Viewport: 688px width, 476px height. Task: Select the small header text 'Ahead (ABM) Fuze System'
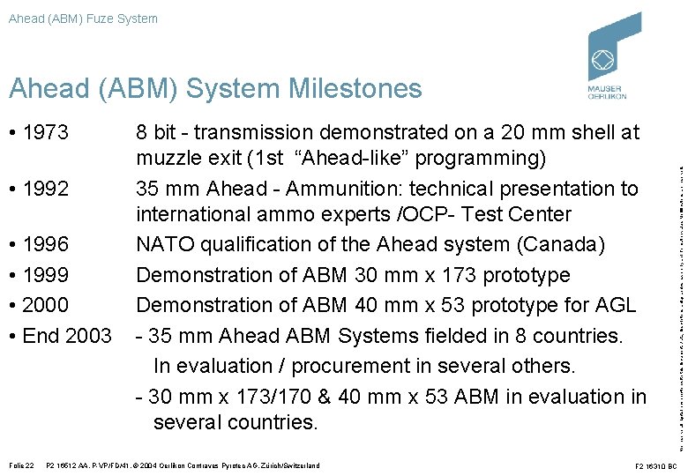tap(83, 18)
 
